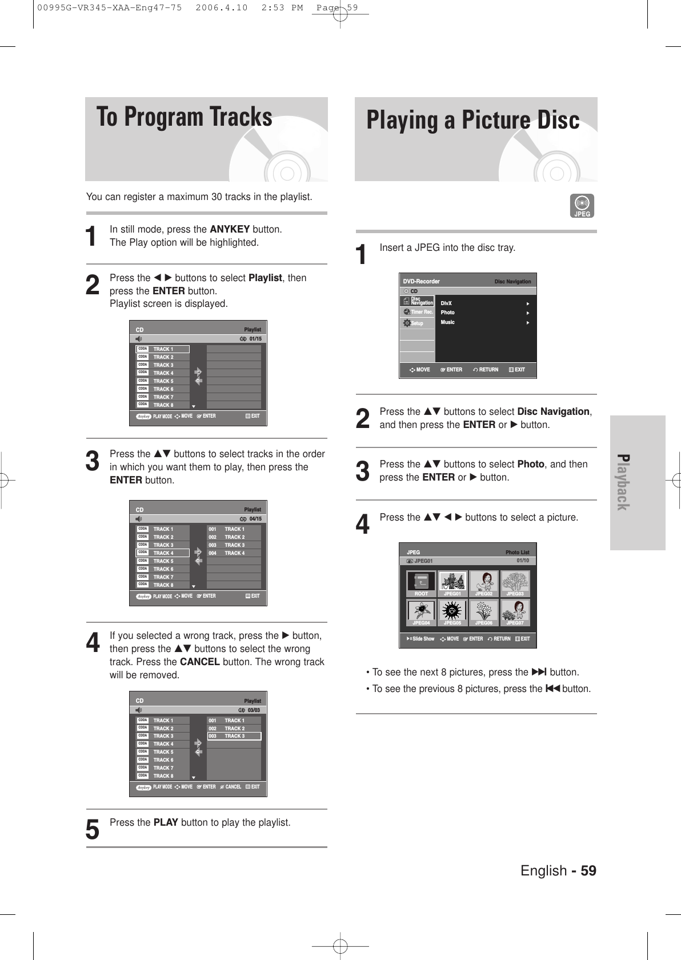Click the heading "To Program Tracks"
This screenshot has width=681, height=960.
tap(184, 117)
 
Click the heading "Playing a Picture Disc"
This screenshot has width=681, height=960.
tap(472, 121)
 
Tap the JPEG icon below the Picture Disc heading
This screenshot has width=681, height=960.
tap(582, 206)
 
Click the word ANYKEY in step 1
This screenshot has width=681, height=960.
tap(230, 230)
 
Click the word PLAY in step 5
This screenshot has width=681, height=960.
tap(166, 823)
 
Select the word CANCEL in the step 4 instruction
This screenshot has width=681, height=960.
tap(199, 662)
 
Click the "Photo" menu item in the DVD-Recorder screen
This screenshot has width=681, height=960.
tap(448, 313)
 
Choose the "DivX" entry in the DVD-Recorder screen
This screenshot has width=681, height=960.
tap(446, 303)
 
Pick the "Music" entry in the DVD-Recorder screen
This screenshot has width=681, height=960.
tap(448, 322)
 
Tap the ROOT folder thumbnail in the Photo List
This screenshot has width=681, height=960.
tap(421, 581)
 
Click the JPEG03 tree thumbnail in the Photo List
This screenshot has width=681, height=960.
tap(515, 581)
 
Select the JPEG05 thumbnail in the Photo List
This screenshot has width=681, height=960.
tap(452, 610)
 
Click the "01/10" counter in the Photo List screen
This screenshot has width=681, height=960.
tap(522, 561)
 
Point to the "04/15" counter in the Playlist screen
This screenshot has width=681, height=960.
tap(255, 519)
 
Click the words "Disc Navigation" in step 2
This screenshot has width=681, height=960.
tap(553, 412)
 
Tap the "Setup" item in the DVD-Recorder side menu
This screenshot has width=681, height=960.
tap(417, 323)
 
